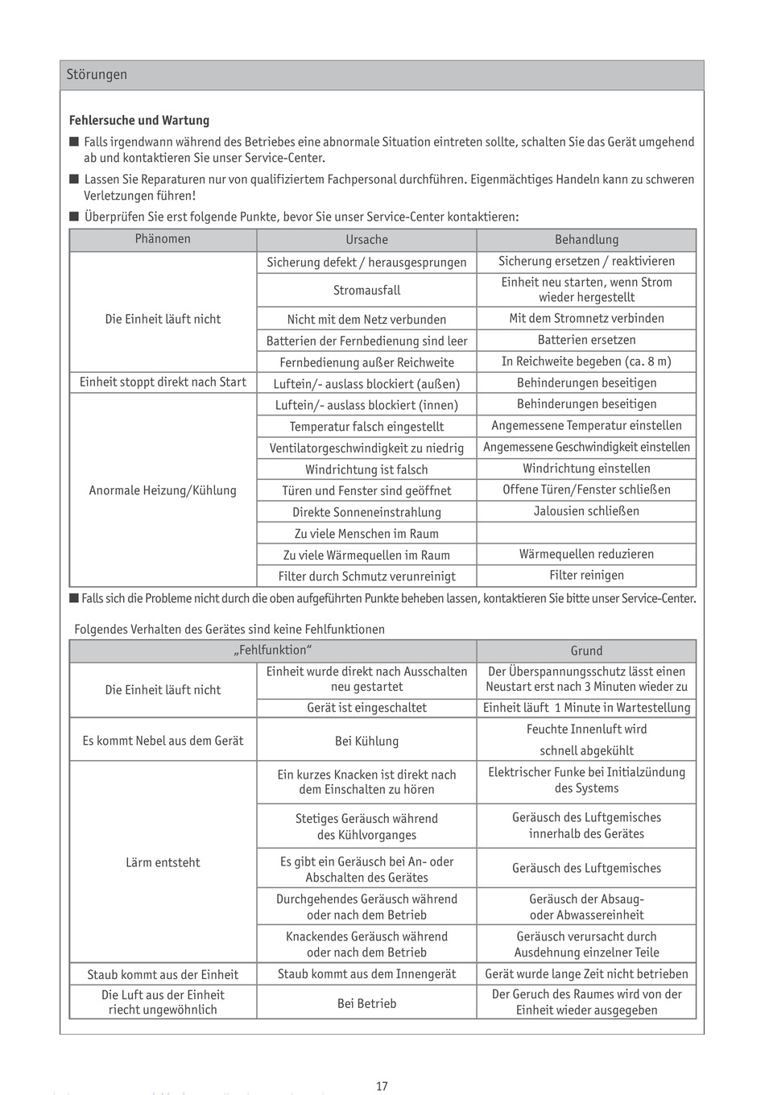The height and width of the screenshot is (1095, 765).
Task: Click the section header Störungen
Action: click(x=97, y=75)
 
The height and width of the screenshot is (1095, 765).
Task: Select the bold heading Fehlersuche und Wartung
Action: click(x=139, y=121)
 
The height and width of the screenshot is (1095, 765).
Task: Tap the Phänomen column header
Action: click(x=163, y=239)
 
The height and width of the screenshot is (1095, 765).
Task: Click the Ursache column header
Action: click(x=366, y=240)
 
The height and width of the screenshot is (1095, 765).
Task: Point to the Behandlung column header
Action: click(x=586, y=240)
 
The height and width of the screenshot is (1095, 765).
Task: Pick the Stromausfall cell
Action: click(x=366, y=291)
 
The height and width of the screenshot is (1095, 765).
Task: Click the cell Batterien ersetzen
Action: click(x=586, y=341)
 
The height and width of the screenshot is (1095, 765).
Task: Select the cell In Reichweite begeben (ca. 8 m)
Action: click(x=586, y=362)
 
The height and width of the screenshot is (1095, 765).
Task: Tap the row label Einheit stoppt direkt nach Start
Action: click(x=163, y=382)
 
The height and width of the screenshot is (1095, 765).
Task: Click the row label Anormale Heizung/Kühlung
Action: click(x=163, y=490)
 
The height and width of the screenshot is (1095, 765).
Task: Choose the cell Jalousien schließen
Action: click(x=586, y=511)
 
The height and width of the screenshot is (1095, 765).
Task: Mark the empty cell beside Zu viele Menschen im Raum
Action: click(x=586, y=533)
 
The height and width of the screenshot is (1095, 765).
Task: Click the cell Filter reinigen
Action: click(x=586, y=576)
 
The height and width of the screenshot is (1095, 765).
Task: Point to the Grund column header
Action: click(x=586, y=651)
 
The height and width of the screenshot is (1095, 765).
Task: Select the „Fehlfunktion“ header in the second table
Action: click(x=272, y=651)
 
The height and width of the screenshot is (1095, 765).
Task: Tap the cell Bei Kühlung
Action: click(x=366, y=742)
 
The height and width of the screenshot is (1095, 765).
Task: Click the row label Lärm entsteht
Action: click(x=163, y=863)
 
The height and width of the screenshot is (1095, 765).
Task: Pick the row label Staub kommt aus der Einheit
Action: click(x=163, y=975)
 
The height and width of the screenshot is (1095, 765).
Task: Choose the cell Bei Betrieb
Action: click(x=366, y=1004)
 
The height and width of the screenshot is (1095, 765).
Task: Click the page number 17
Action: click(x=382, y=1087)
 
